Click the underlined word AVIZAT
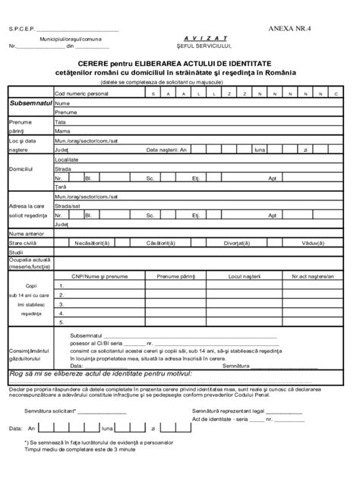pyautogui.click(x=201, y=37)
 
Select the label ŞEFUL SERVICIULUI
pyautogui.click(x=201, y=46)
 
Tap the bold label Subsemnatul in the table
pyautogui.click(x=29, y=102)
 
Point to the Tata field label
pyautogui.click(x=61, y=121)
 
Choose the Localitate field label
pyautogui.click(x=67, y=160)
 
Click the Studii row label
pyautogui.click(x=17, y=252)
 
